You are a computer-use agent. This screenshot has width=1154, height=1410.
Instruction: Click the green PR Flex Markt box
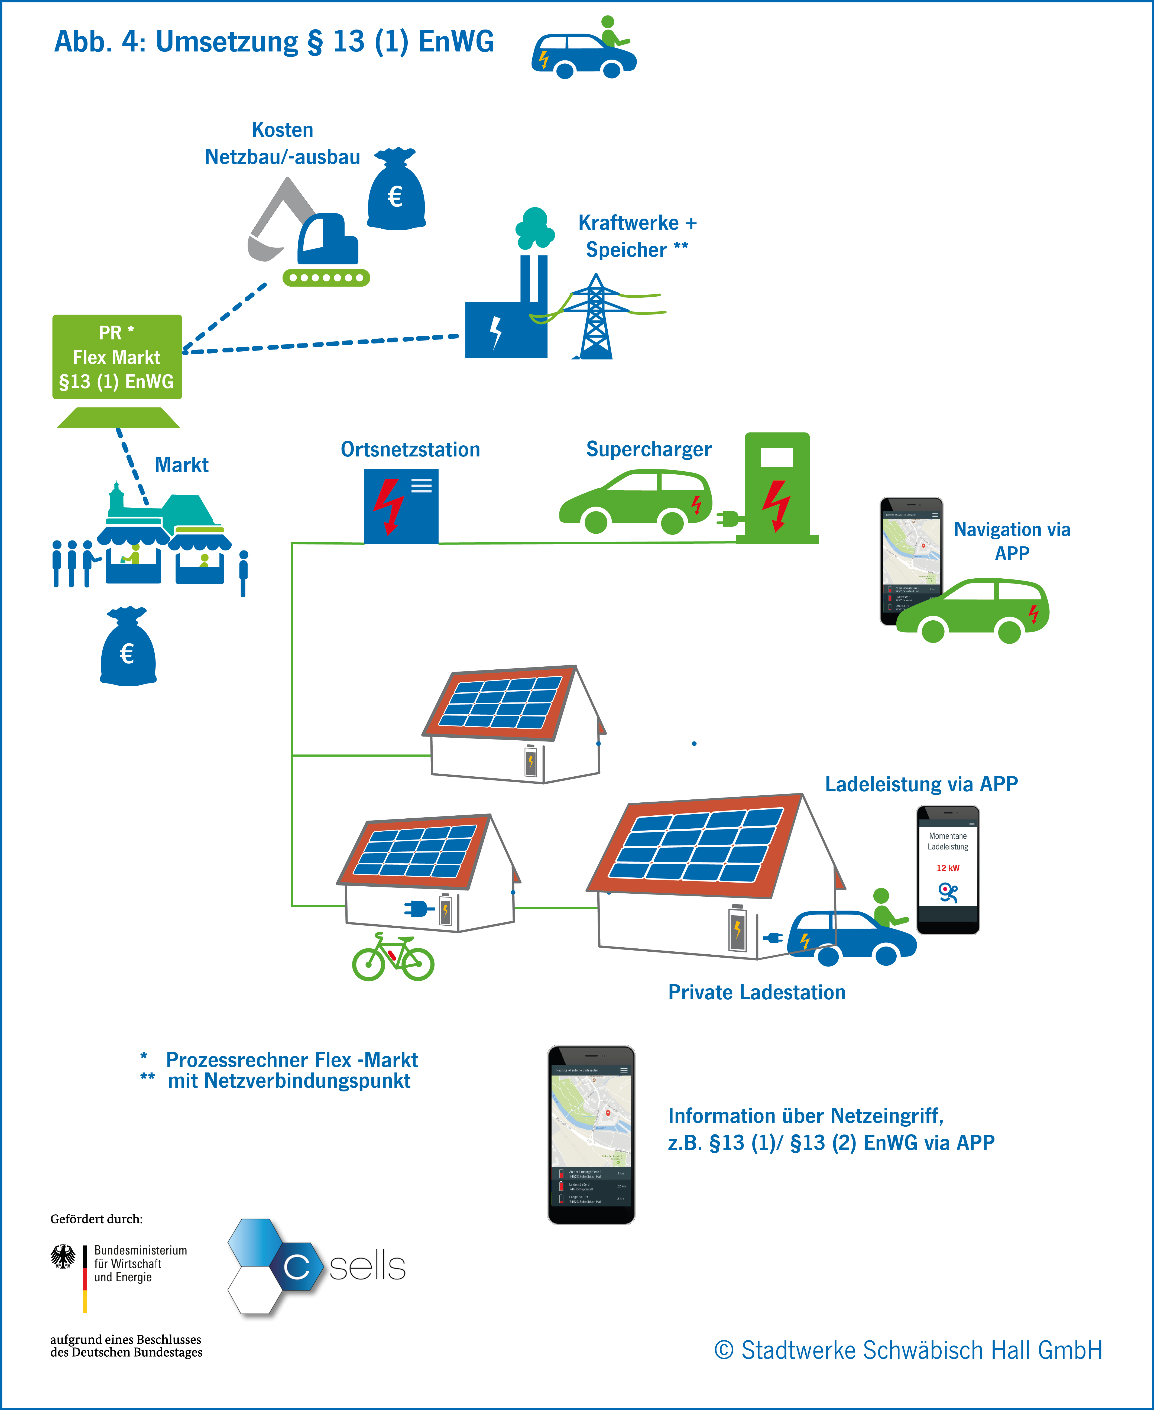click(117, 357)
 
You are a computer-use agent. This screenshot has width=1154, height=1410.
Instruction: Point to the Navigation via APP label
click(1012, 541)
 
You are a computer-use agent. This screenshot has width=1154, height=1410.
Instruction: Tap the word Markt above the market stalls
click(181, 465)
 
